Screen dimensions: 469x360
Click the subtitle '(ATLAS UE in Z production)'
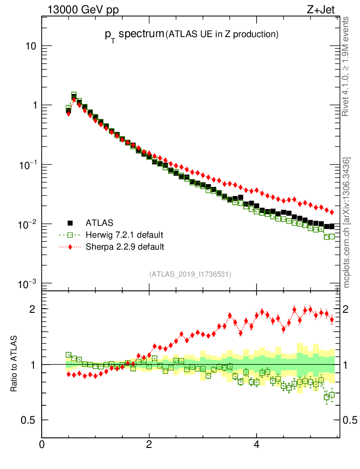(222, 34)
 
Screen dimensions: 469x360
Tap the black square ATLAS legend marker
(71, 223)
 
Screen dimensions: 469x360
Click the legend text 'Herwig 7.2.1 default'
(125, 235)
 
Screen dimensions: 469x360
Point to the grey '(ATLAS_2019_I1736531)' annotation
(190, 274)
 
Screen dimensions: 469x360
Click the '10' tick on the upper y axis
(31, 46)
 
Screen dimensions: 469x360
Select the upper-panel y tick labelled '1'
(33, 105)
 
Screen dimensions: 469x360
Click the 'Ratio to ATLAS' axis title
(14, 364)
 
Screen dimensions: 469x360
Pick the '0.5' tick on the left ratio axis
(29, 420)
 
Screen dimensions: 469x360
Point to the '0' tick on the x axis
(42, 444)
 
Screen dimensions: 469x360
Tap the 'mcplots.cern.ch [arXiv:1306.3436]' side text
(347, 222)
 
